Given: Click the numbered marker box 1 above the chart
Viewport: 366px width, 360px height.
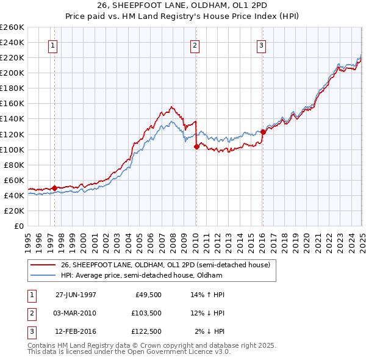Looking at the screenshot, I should [53, 46].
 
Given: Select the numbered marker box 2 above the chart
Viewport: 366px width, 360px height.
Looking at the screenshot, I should [195, 46].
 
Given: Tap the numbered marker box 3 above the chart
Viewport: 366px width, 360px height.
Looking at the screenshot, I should [261, 46].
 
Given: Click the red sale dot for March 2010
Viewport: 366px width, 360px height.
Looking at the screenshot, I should [196, 146].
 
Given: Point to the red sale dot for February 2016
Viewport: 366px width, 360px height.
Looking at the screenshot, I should [263, 132].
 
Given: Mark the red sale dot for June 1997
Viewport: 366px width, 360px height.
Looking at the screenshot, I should [54, 188].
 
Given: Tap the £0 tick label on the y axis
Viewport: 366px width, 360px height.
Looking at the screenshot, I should [18, 226].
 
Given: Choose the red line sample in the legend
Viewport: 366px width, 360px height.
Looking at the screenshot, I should [43, 265].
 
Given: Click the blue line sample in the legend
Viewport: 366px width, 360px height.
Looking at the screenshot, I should [43, 275].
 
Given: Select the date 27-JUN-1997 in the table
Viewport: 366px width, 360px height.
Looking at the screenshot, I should [76, 295].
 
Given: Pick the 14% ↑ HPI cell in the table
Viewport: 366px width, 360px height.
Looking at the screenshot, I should [208, 295].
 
